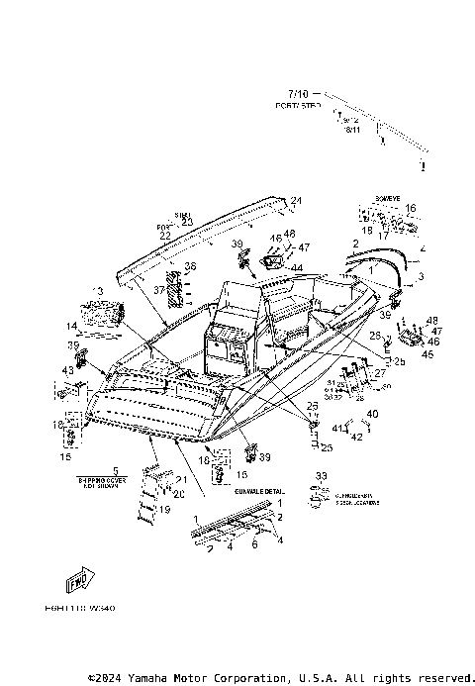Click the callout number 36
(190, 266)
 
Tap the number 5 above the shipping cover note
(115, 470)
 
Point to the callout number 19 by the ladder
(164, 509)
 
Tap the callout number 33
(320, 476)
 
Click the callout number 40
(372, 413)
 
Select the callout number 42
(357, 436)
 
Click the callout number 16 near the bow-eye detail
(411, 208)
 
